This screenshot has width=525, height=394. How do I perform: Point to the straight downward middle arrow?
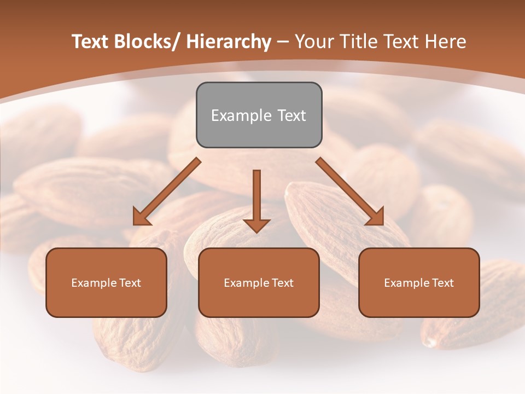tap(256, 197)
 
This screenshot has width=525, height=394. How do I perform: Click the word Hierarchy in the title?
tap(229, 42)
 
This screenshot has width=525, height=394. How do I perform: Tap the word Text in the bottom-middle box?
tap(282, 283)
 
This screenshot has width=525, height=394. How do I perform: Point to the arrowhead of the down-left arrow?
tap(141, 217)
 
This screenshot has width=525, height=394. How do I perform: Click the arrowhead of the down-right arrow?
tap(375, 217)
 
